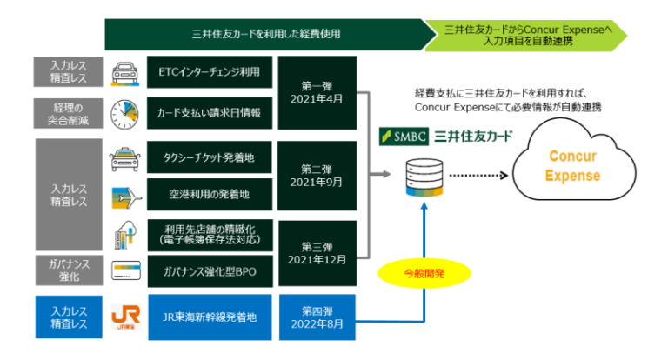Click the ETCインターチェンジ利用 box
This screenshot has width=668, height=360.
point(210,72)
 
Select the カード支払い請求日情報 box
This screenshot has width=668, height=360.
point(210,113)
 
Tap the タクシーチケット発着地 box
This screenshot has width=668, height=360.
point(209,157)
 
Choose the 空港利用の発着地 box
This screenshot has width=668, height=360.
point(210,194)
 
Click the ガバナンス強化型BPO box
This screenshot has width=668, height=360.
point(210,271)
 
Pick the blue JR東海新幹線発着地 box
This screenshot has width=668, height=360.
point(210,317)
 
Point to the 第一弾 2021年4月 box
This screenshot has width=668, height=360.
point(317,93)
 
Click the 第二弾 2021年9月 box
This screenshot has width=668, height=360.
point(317,176)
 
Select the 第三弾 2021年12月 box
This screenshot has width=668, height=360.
point(317,254)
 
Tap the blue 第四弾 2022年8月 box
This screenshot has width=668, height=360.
point(317,317)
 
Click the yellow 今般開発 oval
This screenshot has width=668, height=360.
point(424,274)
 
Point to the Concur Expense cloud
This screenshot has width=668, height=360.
point(573,160)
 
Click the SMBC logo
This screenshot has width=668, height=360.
point(404,137)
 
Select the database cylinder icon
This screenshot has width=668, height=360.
point(424,177)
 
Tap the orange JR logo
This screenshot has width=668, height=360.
point(125,317)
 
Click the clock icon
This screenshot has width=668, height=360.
point(124,115)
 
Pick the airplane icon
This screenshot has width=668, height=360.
point(126,198)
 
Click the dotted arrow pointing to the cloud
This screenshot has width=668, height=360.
point(478,176)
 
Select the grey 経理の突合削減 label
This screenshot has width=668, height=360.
point(68,114)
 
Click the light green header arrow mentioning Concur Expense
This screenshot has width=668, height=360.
point(526,36)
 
